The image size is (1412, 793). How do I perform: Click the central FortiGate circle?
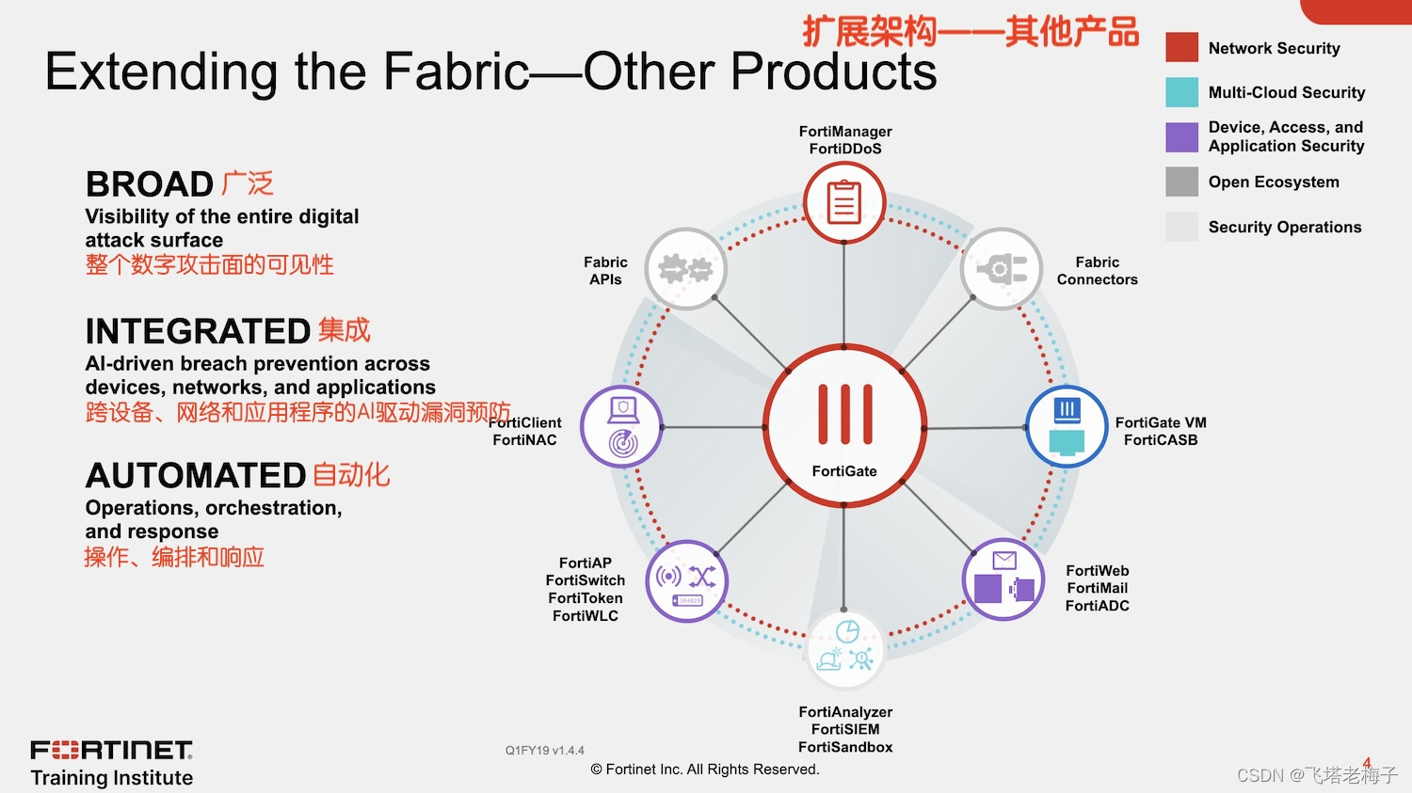pyautogui.click(x=844, y=426)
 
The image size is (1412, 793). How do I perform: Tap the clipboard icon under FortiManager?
pyautogui.click(x=844, y=202)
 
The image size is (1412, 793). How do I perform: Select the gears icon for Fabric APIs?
pyautogui.click(x=685, y=269)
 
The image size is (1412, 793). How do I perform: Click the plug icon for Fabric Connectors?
pyautogui.click(x=1001, y=269)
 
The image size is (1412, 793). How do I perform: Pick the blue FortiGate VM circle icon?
pyautogui.click(x=1067, y=426)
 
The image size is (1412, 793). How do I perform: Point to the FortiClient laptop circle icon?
pyautogui.click(x=621, y=426)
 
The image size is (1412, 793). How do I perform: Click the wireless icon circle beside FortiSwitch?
pyautogui.click(x=686, y=580)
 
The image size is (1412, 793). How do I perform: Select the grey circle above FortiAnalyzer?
pyautogui.click(x=845, y=647)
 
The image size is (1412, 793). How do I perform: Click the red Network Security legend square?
pyautogui.click(x=1181, y=47)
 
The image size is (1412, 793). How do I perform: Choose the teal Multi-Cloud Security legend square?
pyautogui.click(x=1181, y=92)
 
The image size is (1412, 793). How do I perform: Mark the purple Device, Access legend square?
pyautogui.click(x=1181, y=137)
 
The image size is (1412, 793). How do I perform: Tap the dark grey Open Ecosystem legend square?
pyautogui.click(x=1181, y=182)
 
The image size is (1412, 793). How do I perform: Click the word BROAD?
pyautogui.click(x=150, y=184)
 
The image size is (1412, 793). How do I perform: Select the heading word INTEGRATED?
pyautogui.click(x=198, y=331)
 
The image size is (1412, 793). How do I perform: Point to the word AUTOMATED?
pyautogui.click(x=196, y=476)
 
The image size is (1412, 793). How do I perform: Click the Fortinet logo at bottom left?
pyautogui.click(x=111, y=750)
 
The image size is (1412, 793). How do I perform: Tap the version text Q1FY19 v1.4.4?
pyautogui.click(x=544, y=751)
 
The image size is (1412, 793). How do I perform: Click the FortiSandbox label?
pyautogui.click(x=845, y=747)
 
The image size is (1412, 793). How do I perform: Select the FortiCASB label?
pyautogui.click(x=1161, y=440)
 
